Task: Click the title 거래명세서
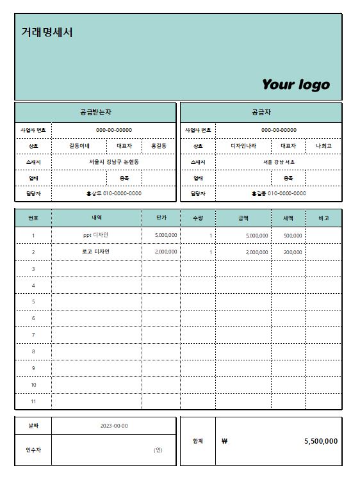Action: click(47, 32)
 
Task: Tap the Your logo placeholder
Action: click(295, 85)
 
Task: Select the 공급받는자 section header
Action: click(95, 112)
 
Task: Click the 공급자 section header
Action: click(261, 112)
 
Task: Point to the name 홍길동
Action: click(158, 146)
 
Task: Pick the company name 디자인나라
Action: click(243, 146)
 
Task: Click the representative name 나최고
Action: click(323, 146)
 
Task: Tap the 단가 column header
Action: click(161, 218)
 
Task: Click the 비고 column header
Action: click(323, 218)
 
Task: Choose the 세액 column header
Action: click(288, 218)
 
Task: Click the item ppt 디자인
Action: click(96, 236)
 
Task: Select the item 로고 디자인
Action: click(96, 252)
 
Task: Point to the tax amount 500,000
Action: click(293, 236)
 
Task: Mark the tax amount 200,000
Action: click(293, 252)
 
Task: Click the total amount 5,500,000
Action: click(320, 441)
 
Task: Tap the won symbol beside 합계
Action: click(224, 441)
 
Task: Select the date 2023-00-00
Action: click(114, 426)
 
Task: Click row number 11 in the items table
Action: click(33, 401)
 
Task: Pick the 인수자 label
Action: click(33, 449)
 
